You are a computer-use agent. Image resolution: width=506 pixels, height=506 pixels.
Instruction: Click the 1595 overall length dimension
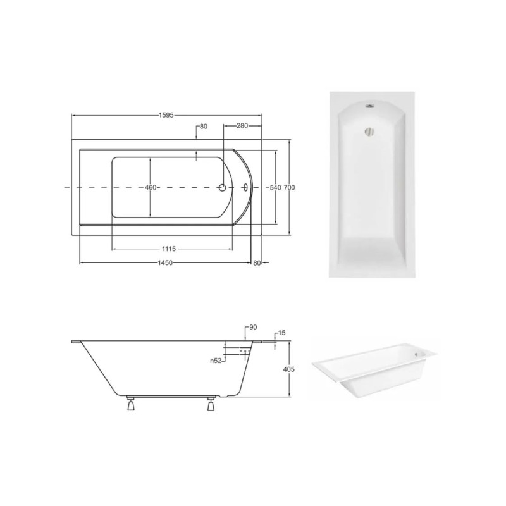point(166,115)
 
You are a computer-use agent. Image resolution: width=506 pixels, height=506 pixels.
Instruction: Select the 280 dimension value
point(242,125)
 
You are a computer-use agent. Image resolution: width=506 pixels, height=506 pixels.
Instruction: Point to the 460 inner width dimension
point(151,187)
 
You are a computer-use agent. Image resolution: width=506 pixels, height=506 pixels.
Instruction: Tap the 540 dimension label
point(275,187)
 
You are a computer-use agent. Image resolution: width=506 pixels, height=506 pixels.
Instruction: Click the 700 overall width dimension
point(289,187)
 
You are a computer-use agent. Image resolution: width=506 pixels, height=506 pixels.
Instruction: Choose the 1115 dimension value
point(169,249)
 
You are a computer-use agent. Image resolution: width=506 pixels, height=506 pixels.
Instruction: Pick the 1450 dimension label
point(165,263)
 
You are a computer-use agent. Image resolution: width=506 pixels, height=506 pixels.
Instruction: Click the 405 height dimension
point(289,369)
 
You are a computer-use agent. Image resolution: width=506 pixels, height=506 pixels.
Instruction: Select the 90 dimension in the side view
point(253,327)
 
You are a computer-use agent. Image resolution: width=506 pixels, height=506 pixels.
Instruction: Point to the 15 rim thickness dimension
point(281,333)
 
